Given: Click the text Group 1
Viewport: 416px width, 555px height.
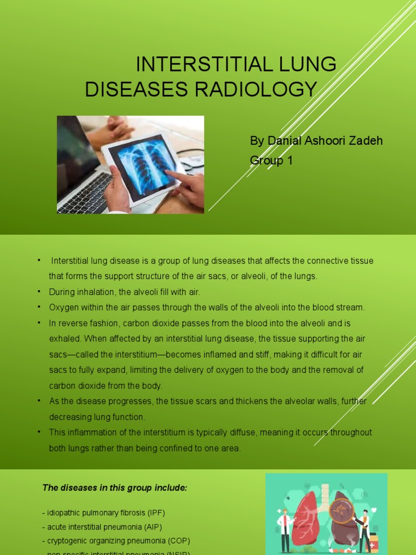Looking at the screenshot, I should [x=271, y=160].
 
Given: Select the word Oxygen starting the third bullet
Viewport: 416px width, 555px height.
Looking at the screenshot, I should [x=63, y=307].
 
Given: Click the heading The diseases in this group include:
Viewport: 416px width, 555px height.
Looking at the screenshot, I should [x=115, y=488].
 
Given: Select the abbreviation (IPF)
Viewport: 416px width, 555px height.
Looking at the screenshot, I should [x=155, y=513].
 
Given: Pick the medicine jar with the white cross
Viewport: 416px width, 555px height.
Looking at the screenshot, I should [x=373, y=544].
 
